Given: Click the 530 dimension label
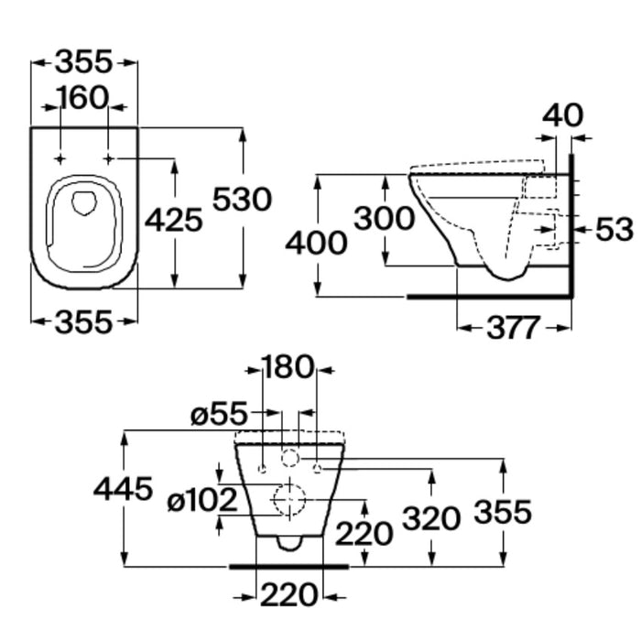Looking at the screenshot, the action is pyautogui.click(x=242, y=199).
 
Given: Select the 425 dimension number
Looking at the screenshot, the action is pyautogui.click(x=174, y=220).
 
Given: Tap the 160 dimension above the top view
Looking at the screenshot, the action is pyautogui.click(x=84, y=98).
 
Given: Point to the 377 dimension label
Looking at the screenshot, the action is pyautogui.click(x=514, y=328).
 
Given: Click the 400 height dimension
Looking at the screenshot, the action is pyautogui.click(x=316, y=243).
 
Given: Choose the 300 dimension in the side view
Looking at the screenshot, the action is pyautogui.click(x=384, y=218).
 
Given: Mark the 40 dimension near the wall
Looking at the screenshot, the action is pyautogui.click(x=562, y=114).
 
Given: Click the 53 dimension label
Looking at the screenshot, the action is pyautogui.click(x=614, y=229).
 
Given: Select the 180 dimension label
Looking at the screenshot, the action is pyautogui.click(x=288, y=366).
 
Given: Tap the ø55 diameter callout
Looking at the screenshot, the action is pyautogui.click(x=220, y=413).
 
